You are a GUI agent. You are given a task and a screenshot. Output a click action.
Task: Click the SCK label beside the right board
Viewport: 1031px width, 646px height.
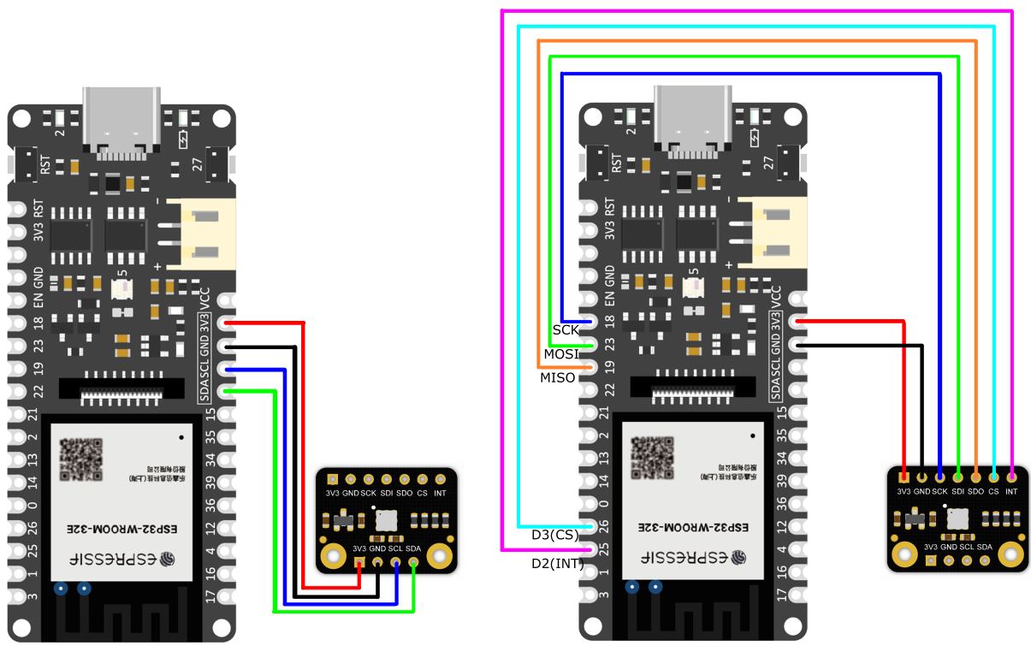(566, 329)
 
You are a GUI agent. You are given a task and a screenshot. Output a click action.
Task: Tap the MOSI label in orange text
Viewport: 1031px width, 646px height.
(561, 354)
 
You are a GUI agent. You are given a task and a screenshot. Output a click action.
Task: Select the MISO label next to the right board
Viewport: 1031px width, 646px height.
(557, 377)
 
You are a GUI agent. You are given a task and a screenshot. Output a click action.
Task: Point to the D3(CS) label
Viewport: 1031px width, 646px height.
(555, 536)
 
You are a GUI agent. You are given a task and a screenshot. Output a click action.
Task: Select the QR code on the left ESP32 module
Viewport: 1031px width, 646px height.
(81, 459)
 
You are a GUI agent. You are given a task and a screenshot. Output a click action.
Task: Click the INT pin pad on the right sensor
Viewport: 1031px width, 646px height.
(1011, 476)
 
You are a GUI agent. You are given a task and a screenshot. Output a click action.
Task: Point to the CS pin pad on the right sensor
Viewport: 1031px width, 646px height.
(993, 476)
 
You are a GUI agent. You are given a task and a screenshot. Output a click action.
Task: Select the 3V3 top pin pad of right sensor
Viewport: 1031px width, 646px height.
(904, 476)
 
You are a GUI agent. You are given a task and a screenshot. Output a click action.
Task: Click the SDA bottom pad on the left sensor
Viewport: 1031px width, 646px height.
(413, 562)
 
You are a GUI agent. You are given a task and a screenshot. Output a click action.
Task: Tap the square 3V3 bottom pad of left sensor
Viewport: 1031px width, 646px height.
(359, 562)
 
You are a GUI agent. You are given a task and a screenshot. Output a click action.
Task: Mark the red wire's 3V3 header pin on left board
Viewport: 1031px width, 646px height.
(226, 323)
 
